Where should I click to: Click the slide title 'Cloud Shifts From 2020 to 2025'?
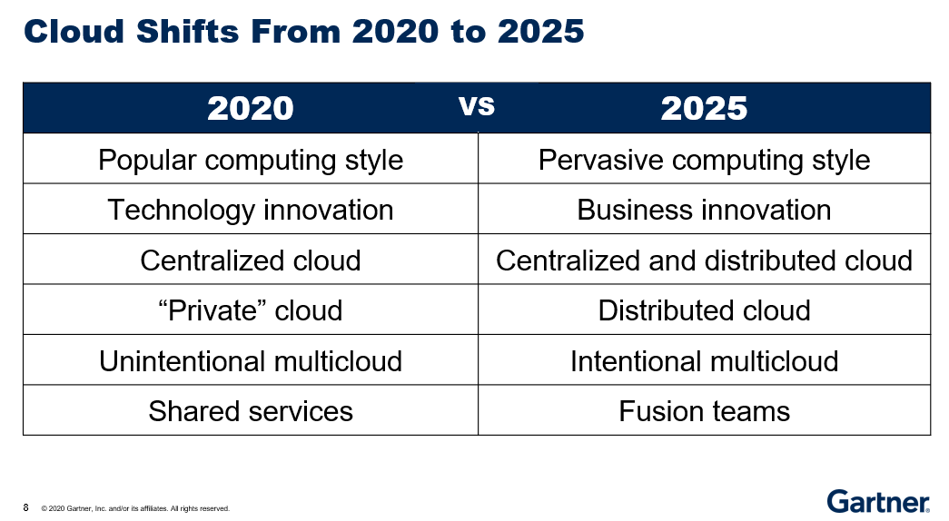[x=304, y=32]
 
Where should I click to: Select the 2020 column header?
[x=251, y=108]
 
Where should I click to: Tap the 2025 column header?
[x=704, y=108]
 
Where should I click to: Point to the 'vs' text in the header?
[x=477, y=106]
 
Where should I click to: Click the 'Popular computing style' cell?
[x=251, y=160]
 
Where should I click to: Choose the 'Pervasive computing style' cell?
[x=705, y=160]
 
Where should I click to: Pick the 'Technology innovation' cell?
[x=251, y=210]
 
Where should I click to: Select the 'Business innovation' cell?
[x=704, y=210]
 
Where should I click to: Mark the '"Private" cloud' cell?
[x=251, y=310]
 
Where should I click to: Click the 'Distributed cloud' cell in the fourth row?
[x=704, y=310]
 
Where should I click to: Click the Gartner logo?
[x=878, y=502]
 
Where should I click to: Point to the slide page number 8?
[x=25, y=507]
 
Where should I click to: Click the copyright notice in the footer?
[x=135, y=509]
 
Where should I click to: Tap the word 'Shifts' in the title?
[x=188, y=32]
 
